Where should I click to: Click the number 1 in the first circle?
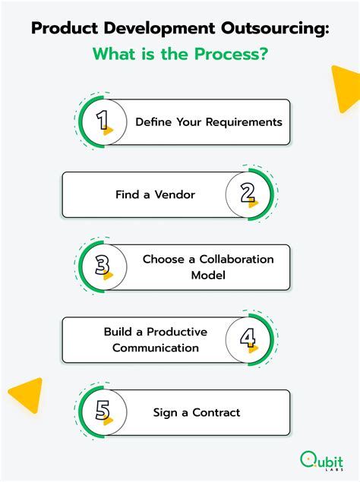point(103,120)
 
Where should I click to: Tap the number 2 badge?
point(248,193)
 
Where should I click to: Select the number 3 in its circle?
point(103,265)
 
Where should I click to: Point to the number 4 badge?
point(248,338)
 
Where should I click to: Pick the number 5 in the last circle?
point(103,411)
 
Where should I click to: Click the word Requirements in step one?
point(244,122)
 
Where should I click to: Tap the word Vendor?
point(175,194)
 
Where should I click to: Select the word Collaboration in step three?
point(237,259)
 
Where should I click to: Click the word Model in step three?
point(208,275)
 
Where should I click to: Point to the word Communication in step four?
point(156,348)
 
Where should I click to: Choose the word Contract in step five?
point(216,412)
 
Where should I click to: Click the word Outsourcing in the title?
point(275,29)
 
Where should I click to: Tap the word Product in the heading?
point(65,28)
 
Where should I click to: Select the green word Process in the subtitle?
point(231,54)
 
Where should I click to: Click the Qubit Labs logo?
point(321,461)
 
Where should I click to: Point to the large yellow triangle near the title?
point(346,87)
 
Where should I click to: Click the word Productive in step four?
point(177,332)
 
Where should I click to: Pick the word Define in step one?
point(153,122)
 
